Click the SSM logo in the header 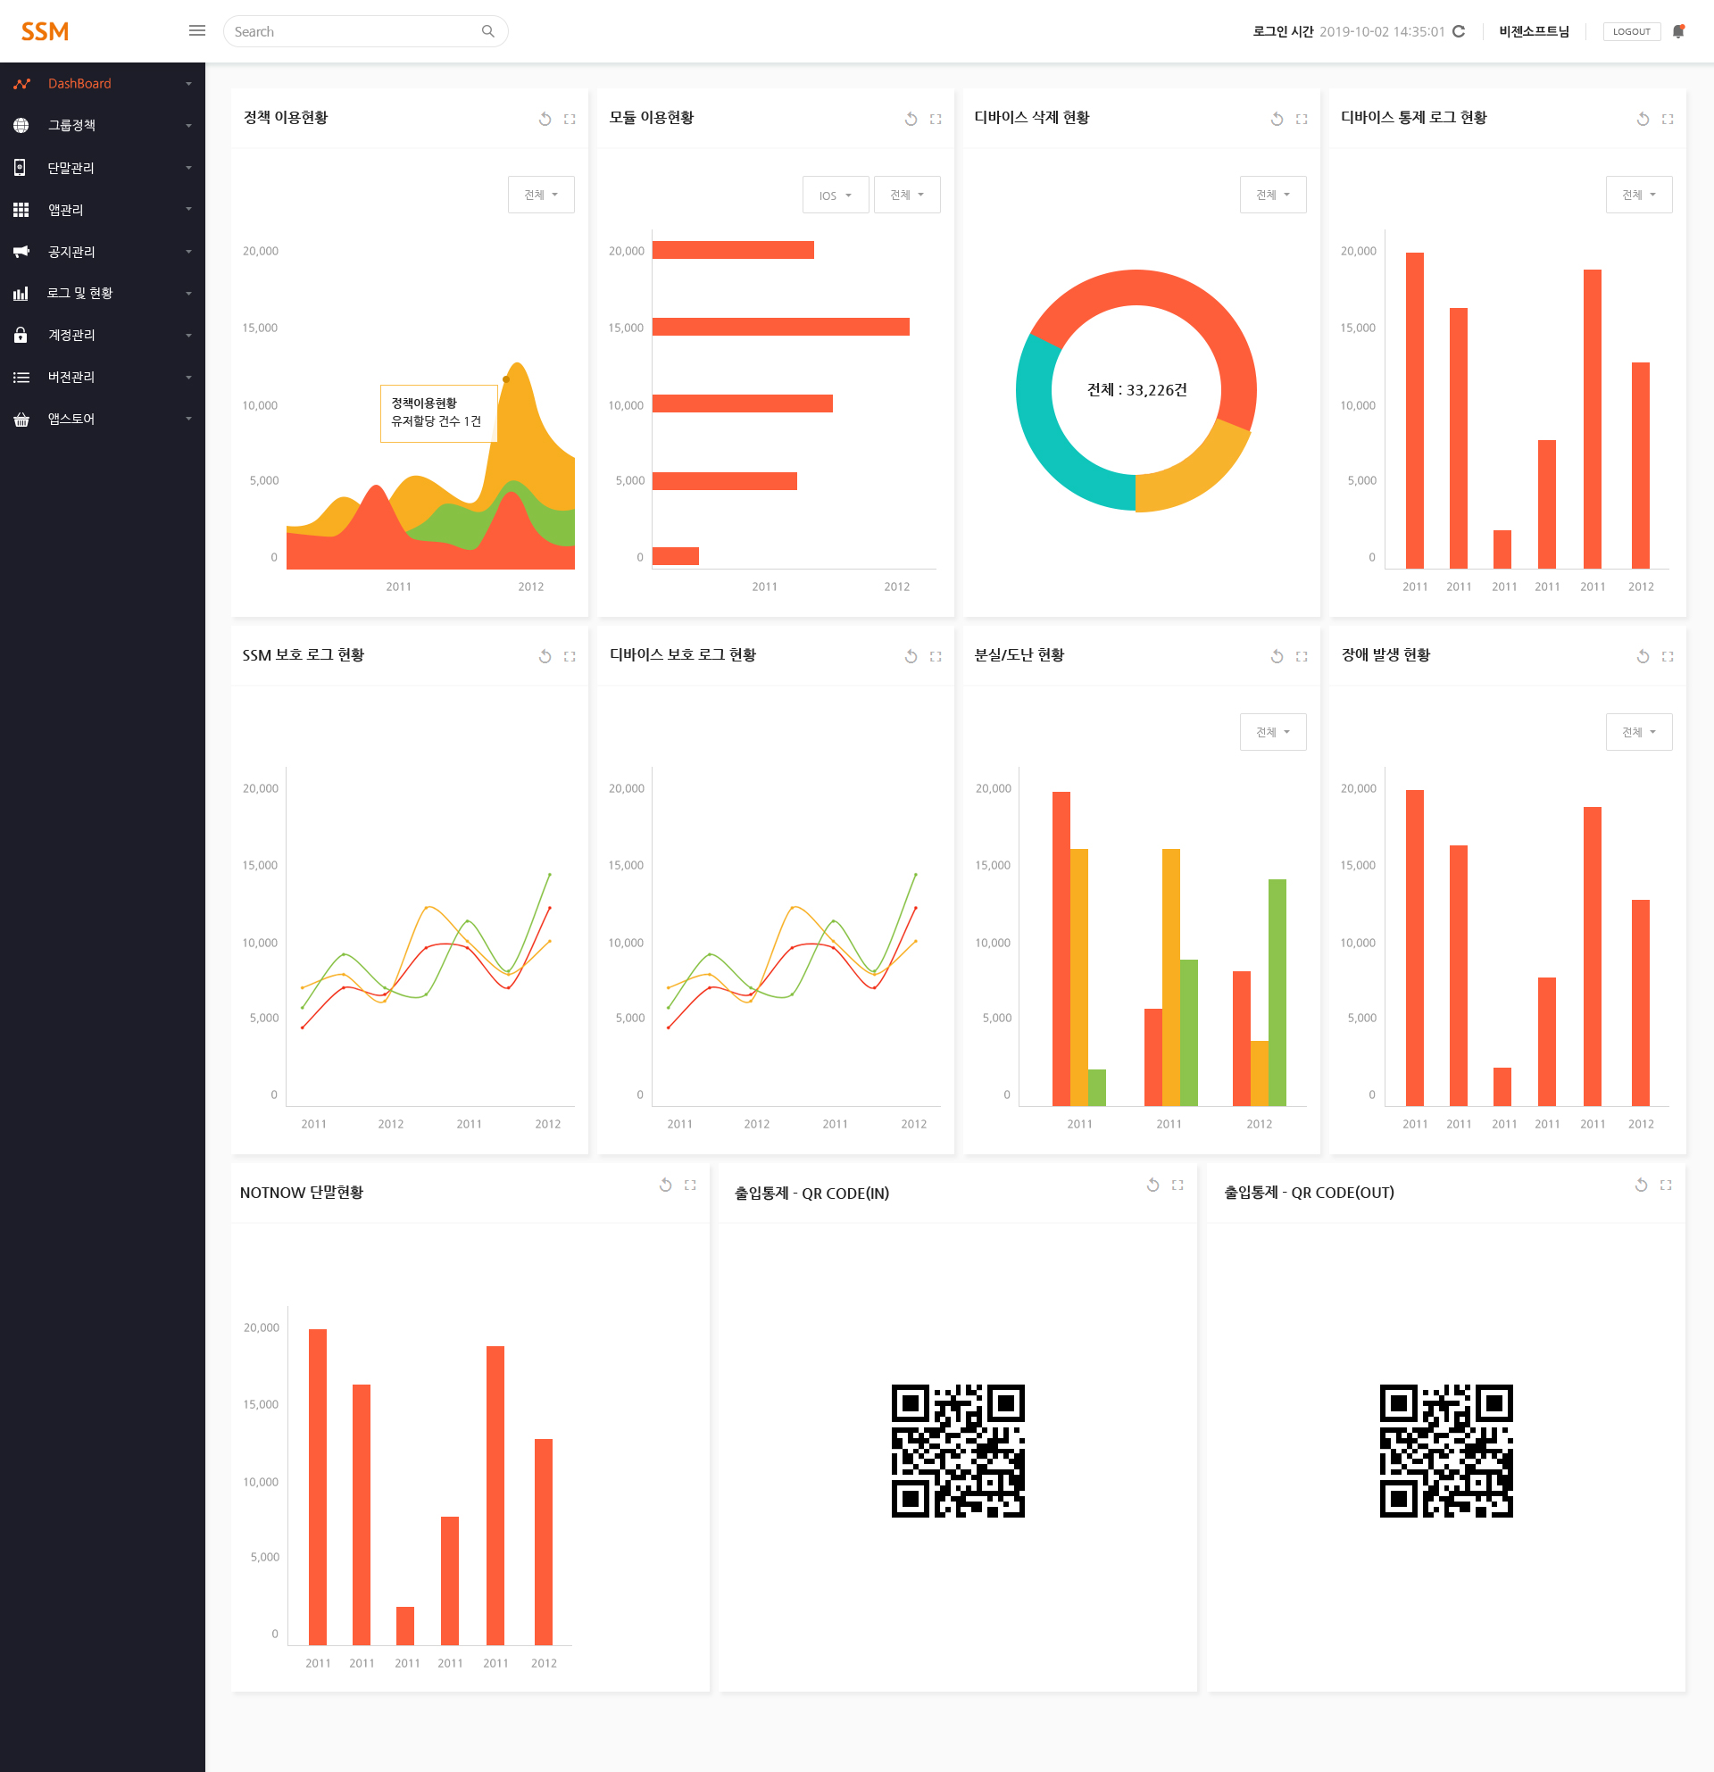[46, 31]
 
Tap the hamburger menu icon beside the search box [197, 30]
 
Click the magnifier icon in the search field [488, 31]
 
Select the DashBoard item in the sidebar [79, 83]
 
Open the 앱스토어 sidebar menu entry [71, 419]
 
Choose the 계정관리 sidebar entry [71, 335]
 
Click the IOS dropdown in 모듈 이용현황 [836, 195]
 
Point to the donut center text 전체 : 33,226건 [1136, 389]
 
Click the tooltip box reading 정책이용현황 [438, 413]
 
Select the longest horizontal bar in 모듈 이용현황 [781, 327]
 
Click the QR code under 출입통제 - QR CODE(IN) [958, 1451]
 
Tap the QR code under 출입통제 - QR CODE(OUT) [1446, 1451]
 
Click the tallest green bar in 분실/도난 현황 [1277, 993]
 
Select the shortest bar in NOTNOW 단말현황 [405, 1626]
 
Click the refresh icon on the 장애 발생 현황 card [1643, 656]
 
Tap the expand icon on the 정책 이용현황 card [570, 120]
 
